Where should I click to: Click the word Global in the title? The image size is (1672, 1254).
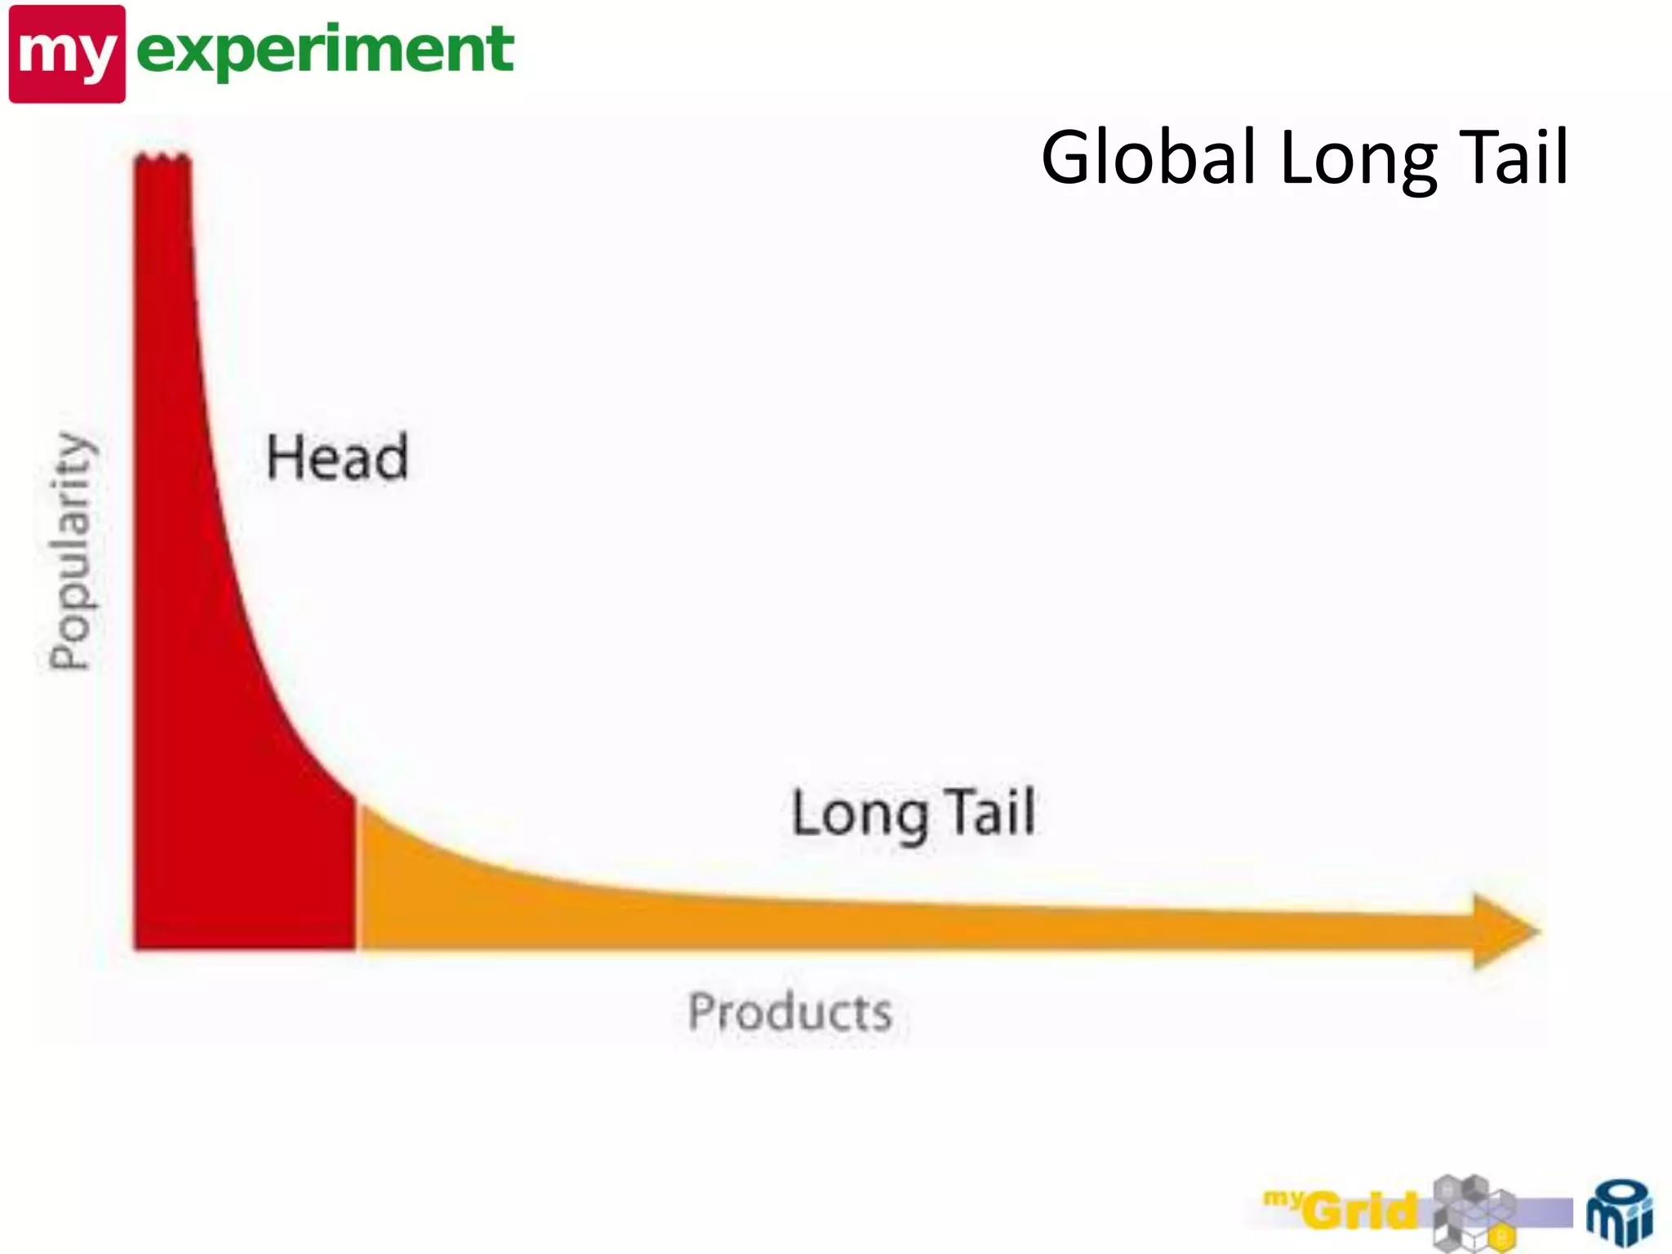coord(1148,157)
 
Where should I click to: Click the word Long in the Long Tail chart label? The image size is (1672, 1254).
coord(860,815)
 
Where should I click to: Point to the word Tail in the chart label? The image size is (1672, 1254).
coord(992,812)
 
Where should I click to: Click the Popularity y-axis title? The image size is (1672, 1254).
coord(71,550)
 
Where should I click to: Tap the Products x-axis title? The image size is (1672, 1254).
coord(789,1012)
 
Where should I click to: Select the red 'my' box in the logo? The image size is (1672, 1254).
coord(67,54)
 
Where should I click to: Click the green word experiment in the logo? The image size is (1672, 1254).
coord(325,51)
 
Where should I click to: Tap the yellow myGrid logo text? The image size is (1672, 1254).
coord(1347,1209)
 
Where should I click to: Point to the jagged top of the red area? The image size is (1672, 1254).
coord(162,158)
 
